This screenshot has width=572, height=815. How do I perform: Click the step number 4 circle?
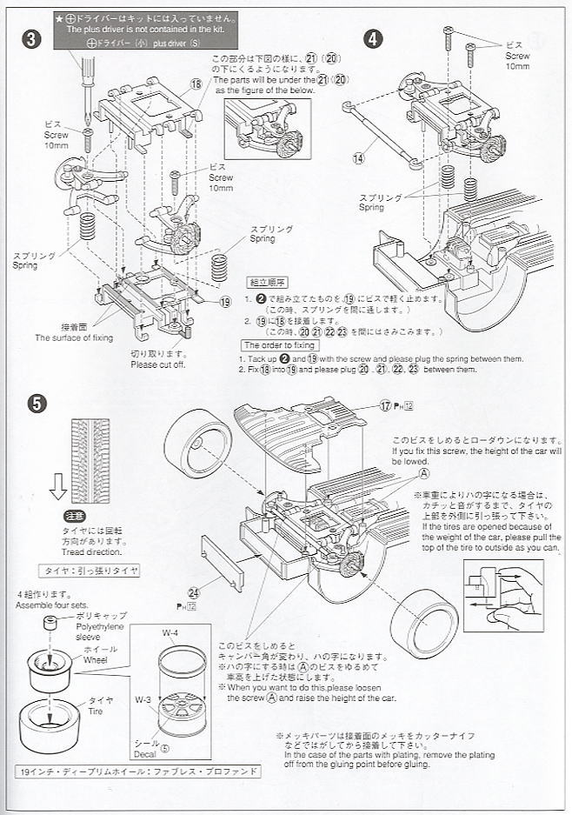[x=372, y=38]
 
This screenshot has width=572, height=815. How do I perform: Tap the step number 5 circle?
[x=33, y=402]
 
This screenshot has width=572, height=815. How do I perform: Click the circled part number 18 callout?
[x=195, y=84]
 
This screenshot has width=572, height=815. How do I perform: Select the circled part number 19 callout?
[x=225, y=302]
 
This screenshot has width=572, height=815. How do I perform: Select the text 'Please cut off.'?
[x=156, y=364]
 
